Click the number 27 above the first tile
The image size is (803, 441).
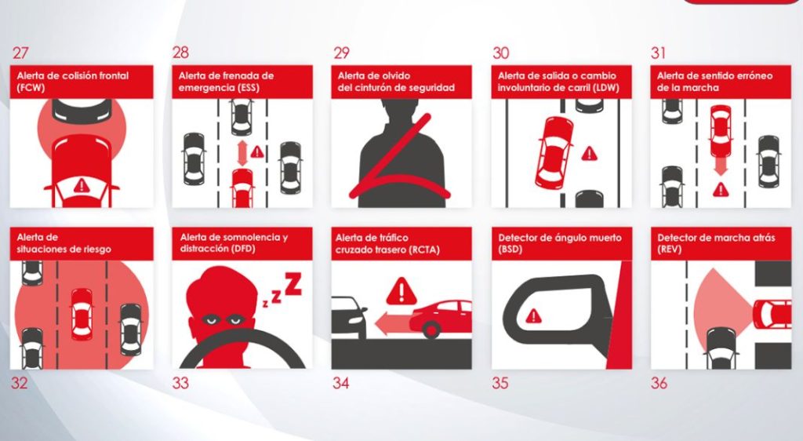pos(21,53)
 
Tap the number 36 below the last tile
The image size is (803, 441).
pos(660,384)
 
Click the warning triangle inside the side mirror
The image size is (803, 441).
pos(534,315)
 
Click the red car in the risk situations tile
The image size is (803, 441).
pos(82,314)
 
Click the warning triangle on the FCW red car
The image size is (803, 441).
pos(81,187)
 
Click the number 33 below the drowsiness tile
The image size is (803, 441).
pos(181,384)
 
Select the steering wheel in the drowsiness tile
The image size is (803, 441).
pos(242,354)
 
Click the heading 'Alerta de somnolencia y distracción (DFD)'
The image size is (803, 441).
pos(234,242)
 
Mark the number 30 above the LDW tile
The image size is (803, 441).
pos(501,53)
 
